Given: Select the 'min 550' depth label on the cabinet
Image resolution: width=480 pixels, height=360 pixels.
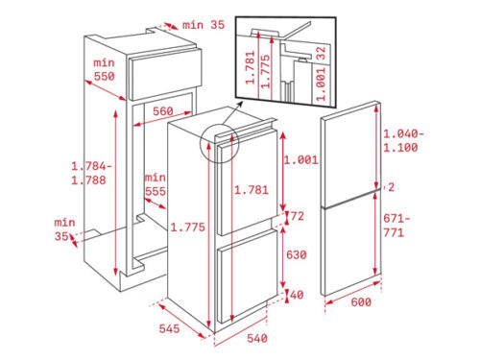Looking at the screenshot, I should (x=105, y=69).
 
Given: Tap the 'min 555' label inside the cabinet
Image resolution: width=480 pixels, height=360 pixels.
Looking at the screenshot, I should (x=156, y=184).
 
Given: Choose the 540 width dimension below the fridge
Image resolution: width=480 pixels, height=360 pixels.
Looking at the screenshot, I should (x=254, y=338).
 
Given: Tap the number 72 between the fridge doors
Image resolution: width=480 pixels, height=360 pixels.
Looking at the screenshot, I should (x=298, y=217).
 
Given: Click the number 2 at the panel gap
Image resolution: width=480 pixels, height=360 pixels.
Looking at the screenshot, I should (x=391, y=187).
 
